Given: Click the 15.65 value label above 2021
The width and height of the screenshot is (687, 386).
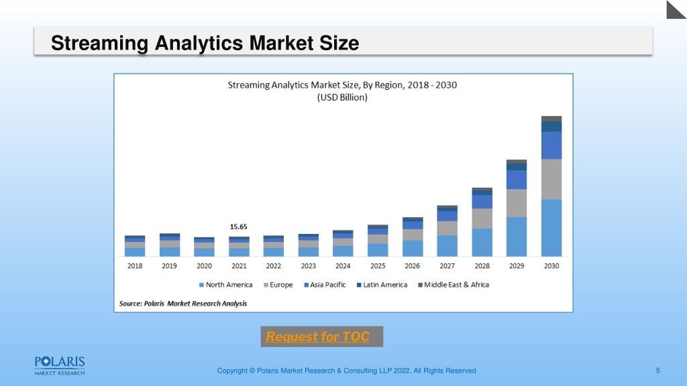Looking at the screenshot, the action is (238, 227).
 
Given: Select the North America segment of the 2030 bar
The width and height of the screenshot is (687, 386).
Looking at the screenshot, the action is (551, 228).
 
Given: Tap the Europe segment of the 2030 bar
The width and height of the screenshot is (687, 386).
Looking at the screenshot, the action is (551, 180).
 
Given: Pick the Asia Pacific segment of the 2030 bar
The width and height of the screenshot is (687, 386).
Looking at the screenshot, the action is (551, 145).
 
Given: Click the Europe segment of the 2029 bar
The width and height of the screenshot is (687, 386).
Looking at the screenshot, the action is (517, 203).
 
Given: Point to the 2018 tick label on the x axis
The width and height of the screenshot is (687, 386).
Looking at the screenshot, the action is (134, 265).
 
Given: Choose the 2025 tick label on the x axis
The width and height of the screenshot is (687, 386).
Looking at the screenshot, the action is (378, 265).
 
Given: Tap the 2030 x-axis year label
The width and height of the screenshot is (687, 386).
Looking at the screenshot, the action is (551, 265).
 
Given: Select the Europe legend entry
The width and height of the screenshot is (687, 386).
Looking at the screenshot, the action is (278, 285).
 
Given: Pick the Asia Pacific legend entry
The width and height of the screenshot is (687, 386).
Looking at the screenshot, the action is (325, 285).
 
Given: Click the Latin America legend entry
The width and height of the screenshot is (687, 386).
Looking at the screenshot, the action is (382, 285).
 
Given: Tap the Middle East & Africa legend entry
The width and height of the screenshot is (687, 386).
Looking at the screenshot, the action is (454, 285).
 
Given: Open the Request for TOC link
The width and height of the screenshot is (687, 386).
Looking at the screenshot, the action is (317, 336).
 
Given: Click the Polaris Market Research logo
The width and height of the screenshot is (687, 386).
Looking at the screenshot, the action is (60, 366).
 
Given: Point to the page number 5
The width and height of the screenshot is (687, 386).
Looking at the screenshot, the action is (657, 371).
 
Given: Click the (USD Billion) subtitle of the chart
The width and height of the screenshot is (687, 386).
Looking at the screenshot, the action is (342, 97).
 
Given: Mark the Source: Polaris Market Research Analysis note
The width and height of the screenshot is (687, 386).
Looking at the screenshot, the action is (183, 304).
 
